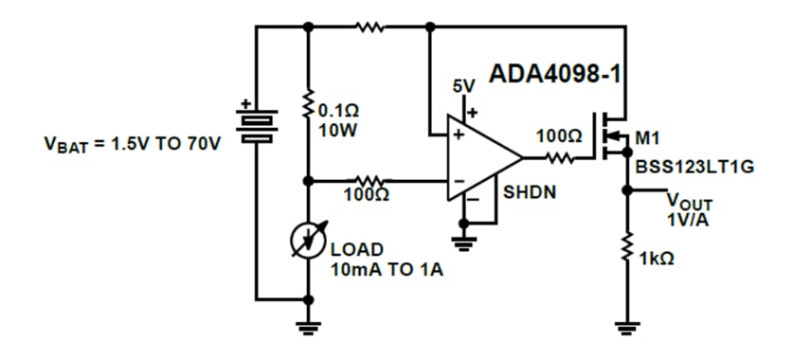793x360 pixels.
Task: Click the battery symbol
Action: pos(256,122)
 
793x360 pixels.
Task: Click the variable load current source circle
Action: pos(307,241)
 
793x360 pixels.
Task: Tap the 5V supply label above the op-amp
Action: pos(463,87)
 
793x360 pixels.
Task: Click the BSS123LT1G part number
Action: pos(692,167)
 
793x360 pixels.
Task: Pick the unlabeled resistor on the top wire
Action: pos(370,27)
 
